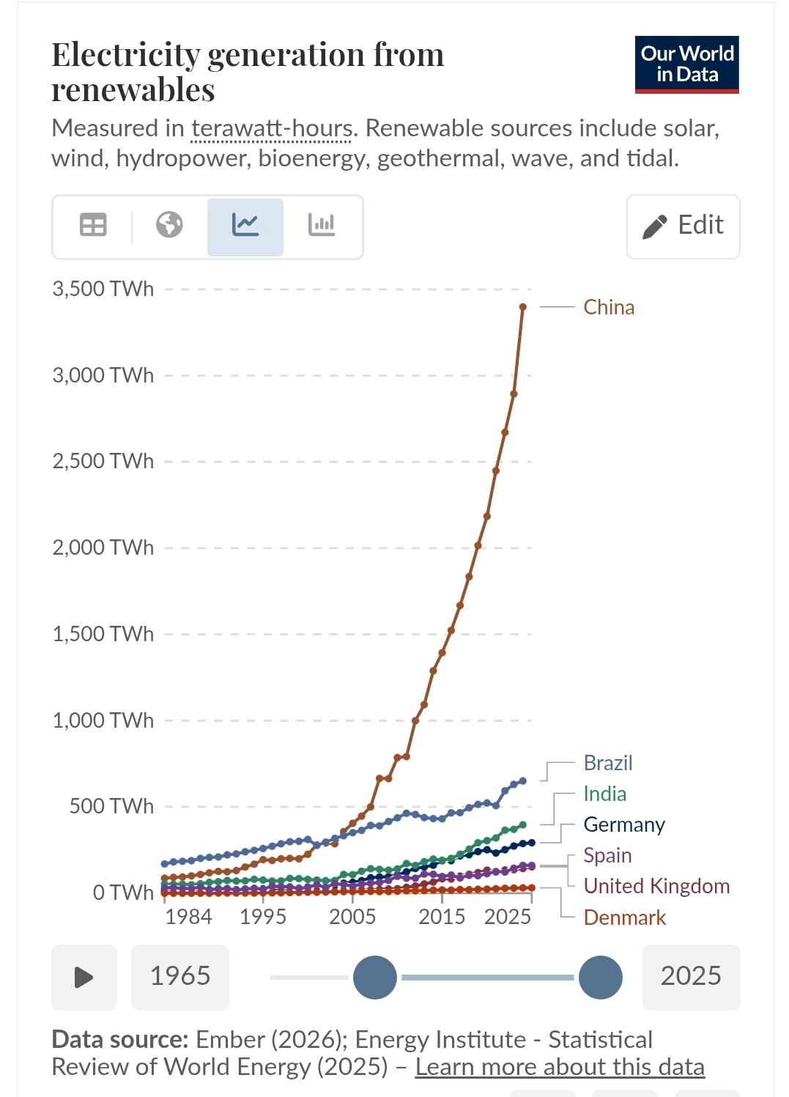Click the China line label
click(x=608, y=307)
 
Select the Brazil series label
click(x=607, y=763)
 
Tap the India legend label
click(x=604, y=794)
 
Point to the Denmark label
click(x=624, y=917)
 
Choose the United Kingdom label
click(x=656, y=886)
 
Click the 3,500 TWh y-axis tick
click(x=103, y=289)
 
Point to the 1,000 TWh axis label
click(x=103, y=720)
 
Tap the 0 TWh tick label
click(x=122, y=893)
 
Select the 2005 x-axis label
click(x=352, y=917)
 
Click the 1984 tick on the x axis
click(x=188, y=917)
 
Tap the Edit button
click(x=683, y=226)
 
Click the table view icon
click(x=93, y=225)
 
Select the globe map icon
click(x=169, y=225)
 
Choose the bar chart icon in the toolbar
click(x=322, y=225)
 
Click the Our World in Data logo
click(x=686, y=64)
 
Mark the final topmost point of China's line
click(x=523, y=307)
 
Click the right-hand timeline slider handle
click(x=600, y=978)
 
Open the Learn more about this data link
click(x=560, y=1067)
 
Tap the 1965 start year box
click(x=180, y=977)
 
